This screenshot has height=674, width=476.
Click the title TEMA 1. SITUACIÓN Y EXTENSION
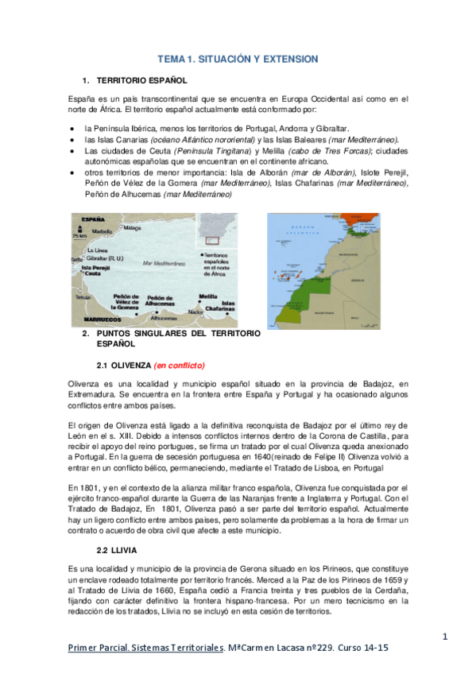point(238,60)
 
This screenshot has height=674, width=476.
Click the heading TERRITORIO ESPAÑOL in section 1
point(141,81)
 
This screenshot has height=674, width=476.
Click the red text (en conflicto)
point(180,366)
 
